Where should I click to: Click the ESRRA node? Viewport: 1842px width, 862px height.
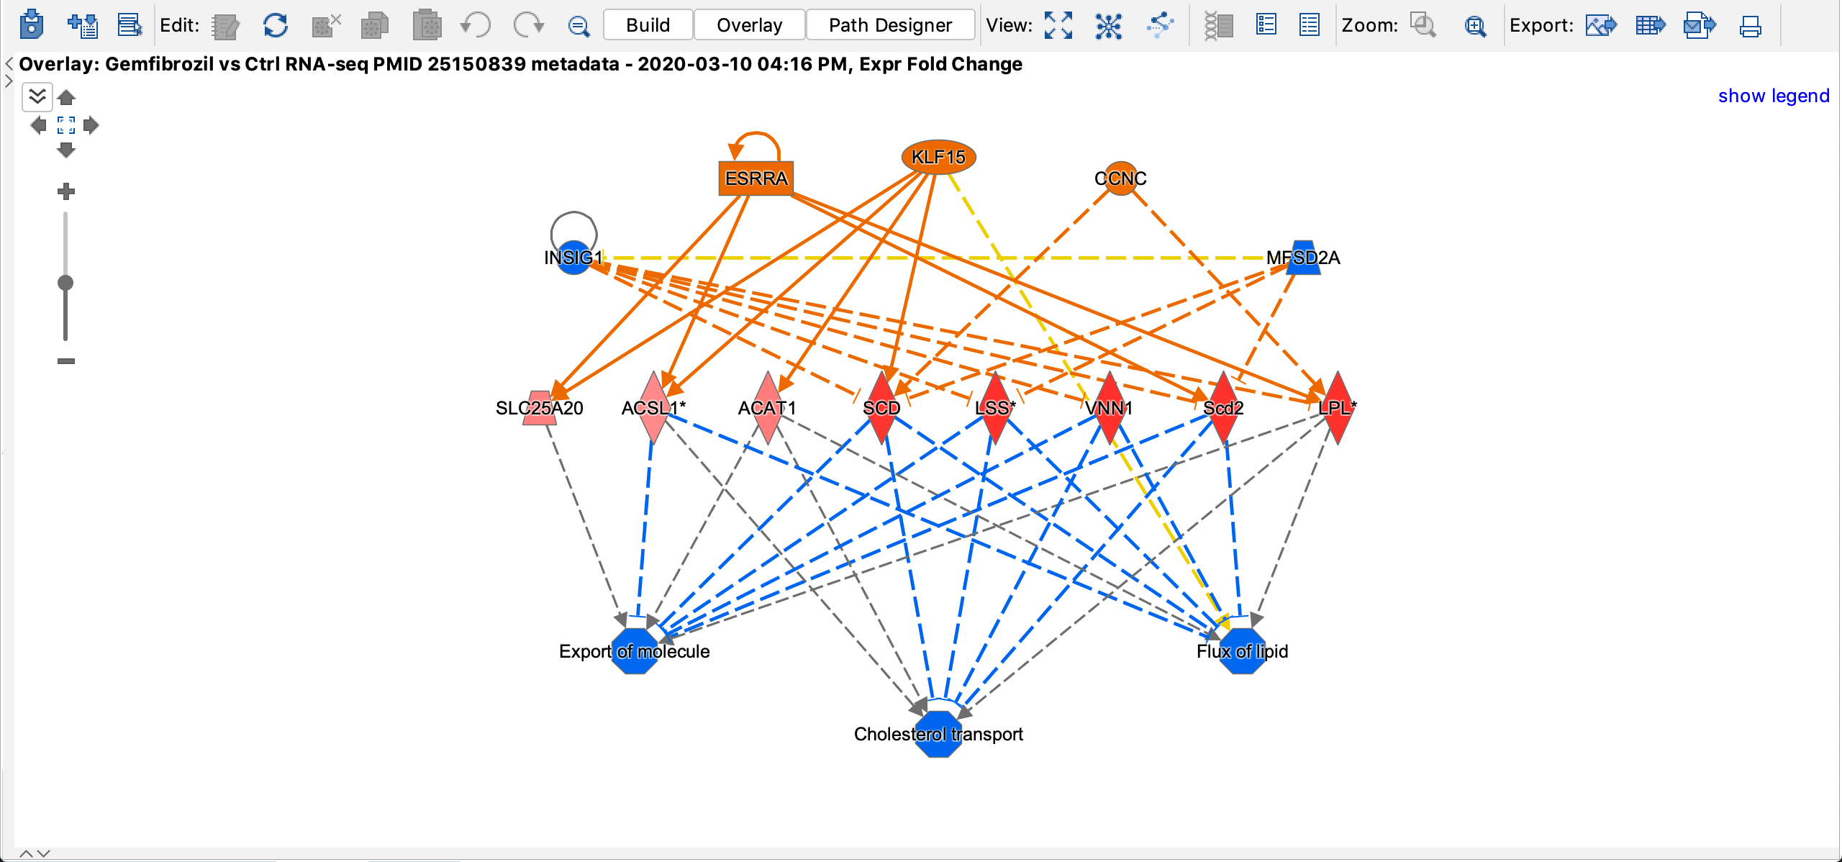[x=756, y=178]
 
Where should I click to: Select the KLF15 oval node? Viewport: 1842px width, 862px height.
[x=938, y=157]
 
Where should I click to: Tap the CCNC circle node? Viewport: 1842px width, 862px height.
[x=1120, y=178]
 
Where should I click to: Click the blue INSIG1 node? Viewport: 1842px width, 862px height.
[x=573, y=258]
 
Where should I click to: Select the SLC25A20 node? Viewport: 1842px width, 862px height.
[x=540, y=408]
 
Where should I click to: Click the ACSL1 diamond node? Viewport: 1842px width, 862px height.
[x=653, y=408]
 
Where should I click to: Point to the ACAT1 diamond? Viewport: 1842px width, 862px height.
[x=767, y=408]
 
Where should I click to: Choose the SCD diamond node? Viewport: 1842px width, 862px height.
[x=881, y=408]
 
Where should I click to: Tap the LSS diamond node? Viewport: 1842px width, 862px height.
[x=995, y=408]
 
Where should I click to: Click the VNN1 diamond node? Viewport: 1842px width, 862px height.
[x=1109, y=408]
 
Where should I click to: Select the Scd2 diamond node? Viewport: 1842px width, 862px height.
[x=1223, y=408]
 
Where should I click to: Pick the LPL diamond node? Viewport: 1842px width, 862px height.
[x=1337, y=408]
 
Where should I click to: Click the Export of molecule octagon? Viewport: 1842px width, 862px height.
[x=634, y=651]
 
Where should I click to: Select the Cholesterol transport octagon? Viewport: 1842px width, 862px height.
[x=938, y=734]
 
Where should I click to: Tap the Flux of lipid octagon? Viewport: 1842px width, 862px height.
[x=1242, y=651]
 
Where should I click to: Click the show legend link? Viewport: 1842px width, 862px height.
[x=1773, y=96]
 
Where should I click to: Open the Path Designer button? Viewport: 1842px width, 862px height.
[x=890, y=25]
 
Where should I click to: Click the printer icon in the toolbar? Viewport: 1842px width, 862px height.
[x=1750, y=26]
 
